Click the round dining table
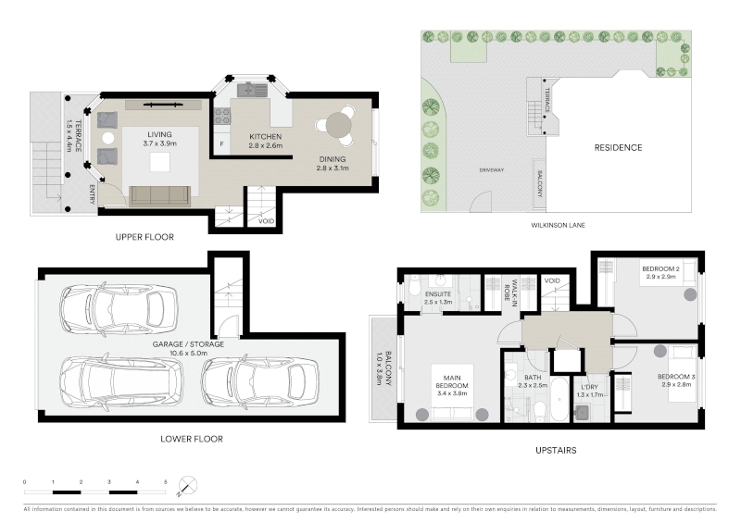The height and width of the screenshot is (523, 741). pyautogui.click(x=339, y=125)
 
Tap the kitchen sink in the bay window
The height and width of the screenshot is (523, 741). pyautogui.click(x=253, y=89)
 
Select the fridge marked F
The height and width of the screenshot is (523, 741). pyautogui.click(x=221, y=144)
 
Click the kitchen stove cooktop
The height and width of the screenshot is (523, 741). pyautogui.click(x=222, y=116)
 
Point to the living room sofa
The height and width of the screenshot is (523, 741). pyautogui.click(x=159, y=195)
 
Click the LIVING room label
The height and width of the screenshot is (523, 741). pyautogui.click(x=159, y=134)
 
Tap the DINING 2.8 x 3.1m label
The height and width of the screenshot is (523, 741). pyautogui.click(x=333, y=164)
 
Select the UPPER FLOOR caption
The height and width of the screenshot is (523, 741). pyautogui.click(x=144, y=237)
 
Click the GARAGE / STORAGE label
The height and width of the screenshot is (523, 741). pyautogui.click(x=188, y=344)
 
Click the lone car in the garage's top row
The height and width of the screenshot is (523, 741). pyautogui.click(x=119, y=308)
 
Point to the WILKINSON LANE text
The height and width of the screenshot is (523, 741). pyautogui.click(x=559, y=225)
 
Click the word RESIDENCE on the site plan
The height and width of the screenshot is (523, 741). pyautogui.click(x=618, y=148)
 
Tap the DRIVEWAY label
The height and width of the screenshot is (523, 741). pyautogui.click(x=492, y=170)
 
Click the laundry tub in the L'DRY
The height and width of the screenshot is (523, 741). pyautogui.click(x=582, y=413)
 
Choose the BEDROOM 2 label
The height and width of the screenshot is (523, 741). pyautogui.click(x=660, y=268)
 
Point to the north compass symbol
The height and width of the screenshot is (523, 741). pyautogui.click(x=188, y=486)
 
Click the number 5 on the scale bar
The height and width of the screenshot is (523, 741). pyautogui.click(x=166, y=482)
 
